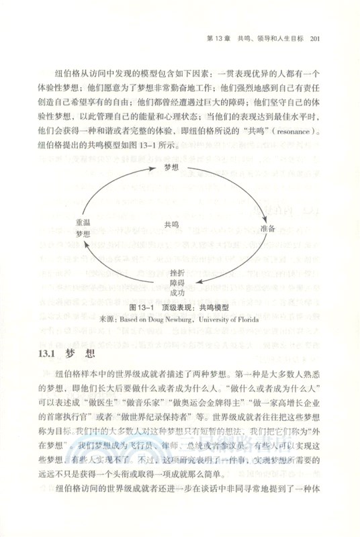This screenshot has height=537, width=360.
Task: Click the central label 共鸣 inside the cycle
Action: [x=172, y=226]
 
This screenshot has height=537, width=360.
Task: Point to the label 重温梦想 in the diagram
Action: [x=83, y=228]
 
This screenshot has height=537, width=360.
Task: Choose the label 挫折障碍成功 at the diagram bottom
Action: [x=177, y=283]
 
